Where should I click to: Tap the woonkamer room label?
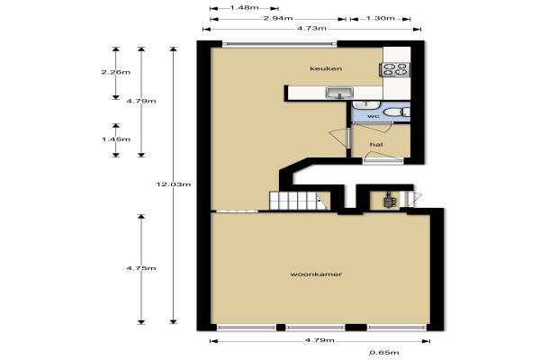(x=316, y=274)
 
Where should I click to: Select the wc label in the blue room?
(x=373, y=116)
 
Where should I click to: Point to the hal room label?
(x=376, y=145)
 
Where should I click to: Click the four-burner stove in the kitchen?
(x=395, y=69)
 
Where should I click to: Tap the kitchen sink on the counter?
(x=339, y=93)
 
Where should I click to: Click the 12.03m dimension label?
(x=174, y=184)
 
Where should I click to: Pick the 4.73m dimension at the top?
(x=311, y=29)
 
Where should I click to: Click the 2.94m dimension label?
(x=278, y=19)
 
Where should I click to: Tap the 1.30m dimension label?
(x=380, y=19)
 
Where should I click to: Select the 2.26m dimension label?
(x=116, y=72)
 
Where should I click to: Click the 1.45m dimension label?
(x=116, y=139)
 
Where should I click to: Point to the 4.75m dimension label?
(x=141, y=268)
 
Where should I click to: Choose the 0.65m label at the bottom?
(x=384, y=353)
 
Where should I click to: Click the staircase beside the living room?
(x=298, y=201)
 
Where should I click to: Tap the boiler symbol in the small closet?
(x=390, y=200)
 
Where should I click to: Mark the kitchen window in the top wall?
(x=280, y=44)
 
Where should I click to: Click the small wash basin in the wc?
(x=365, y=104)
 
